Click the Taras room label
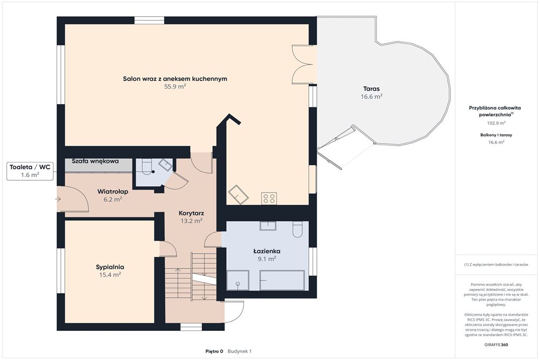pos(372,89)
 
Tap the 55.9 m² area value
pos(175,87)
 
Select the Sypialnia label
pos(110,267)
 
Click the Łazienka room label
pos(267,251)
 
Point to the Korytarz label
pos(192,213)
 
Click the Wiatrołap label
pos(113,192)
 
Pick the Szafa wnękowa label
pos(95,161)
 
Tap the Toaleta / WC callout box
pos(30,171)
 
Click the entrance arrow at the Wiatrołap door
pos(58,199)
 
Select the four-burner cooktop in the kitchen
pos(269,199)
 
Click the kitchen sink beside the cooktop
pos(238,194)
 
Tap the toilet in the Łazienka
pos(298,229)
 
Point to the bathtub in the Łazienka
pos(282,280)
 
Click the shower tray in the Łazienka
pos(238,280)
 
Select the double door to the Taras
pos(303,64)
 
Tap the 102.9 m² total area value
pos(496,123)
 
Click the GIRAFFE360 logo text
pos(496,344)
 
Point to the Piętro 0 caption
pos(214,351)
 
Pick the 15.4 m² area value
pos(110,275)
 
